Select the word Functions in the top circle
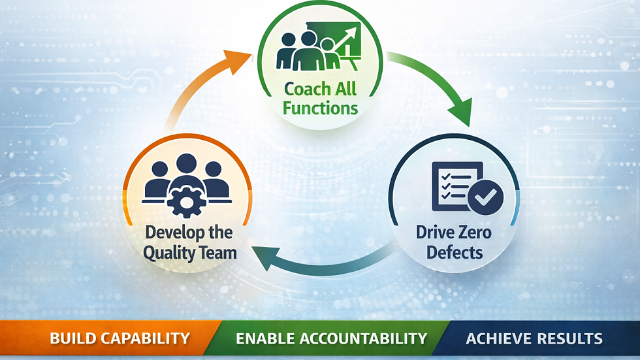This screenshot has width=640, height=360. [x=320, y=107]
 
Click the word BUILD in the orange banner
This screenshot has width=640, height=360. [x=72, y=338]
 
